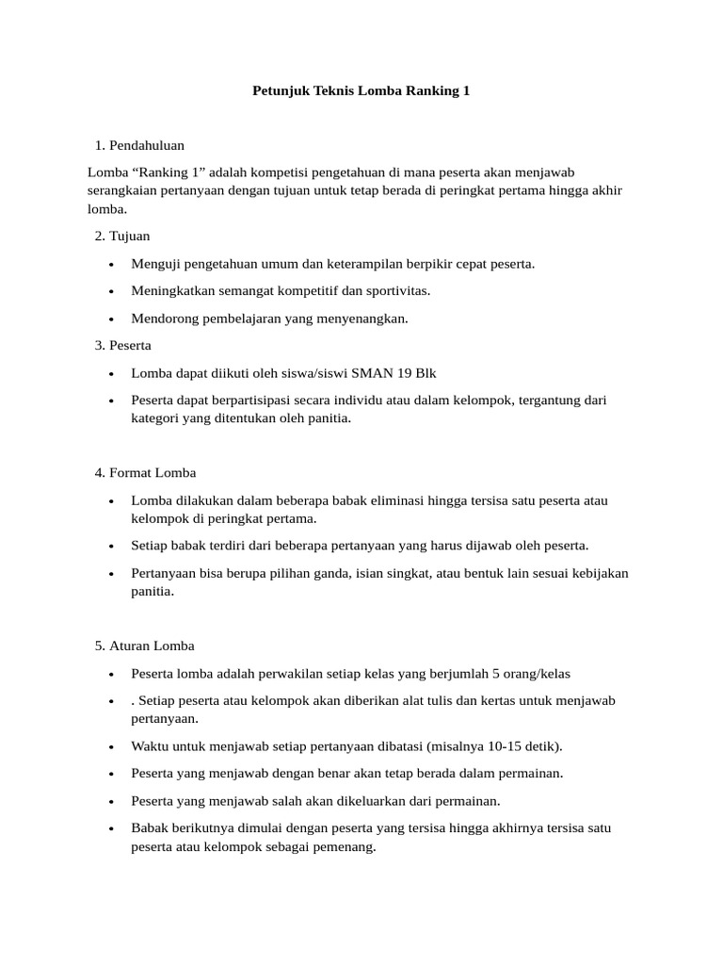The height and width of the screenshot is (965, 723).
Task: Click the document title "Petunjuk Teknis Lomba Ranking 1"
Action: pyautogui.click(x=361, y=91)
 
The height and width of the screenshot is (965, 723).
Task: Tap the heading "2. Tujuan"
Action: pyautogui.click(x=122, y=236)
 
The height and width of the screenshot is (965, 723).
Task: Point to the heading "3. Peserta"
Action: pyautogui.click(x=123, y=346)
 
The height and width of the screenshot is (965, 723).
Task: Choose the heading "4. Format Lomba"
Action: pyautogui.click(x=145, y=472)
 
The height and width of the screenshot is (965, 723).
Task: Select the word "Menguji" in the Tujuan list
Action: pyautogui.click(x=154, y=264)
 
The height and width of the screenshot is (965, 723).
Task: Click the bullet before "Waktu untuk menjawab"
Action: pyautogui.click(x=111, y=747)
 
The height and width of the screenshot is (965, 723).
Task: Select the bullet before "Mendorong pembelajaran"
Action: pyautogui.click(x=111, y=319)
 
